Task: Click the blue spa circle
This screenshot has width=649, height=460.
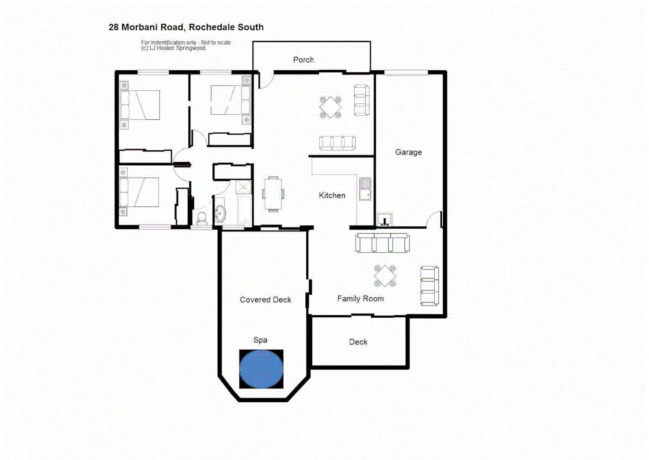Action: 261,369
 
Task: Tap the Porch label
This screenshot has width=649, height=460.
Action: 303,60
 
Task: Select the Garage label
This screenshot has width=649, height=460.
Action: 408,152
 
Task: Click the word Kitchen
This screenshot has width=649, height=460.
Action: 332,195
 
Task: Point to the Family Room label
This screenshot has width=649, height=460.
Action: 360,299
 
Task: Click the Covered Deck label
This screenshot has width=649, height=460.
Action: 265,299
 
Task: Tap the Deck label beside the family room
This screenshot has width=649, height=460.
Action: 358,342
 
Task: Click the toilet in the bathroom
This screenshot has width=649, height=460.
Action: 202,218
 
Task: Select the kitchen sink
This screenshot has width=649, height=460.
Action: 365,189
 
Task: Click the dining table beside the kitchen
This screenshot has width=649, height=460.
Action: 273,194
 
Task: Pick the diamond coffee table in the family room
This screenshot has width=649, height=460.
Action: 385,276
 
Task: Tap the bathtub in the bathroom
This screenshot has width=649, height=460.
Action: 244,210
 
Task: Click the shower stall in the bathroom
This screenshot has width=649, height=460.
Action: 244,187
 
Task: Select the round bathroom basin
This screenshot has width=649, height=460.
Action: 220,213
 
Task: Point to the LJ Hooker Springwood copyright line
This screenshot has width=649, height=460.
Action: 173,48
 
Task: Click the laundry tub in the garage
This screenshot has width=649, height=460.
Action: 384,220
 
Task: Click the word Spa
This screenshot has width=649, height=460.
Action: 260,340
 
